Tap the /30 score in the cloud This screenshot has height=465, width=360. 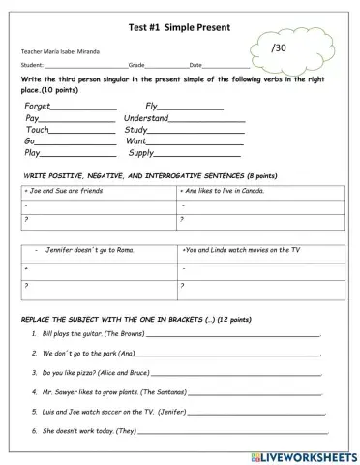(x=280, y=47)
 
